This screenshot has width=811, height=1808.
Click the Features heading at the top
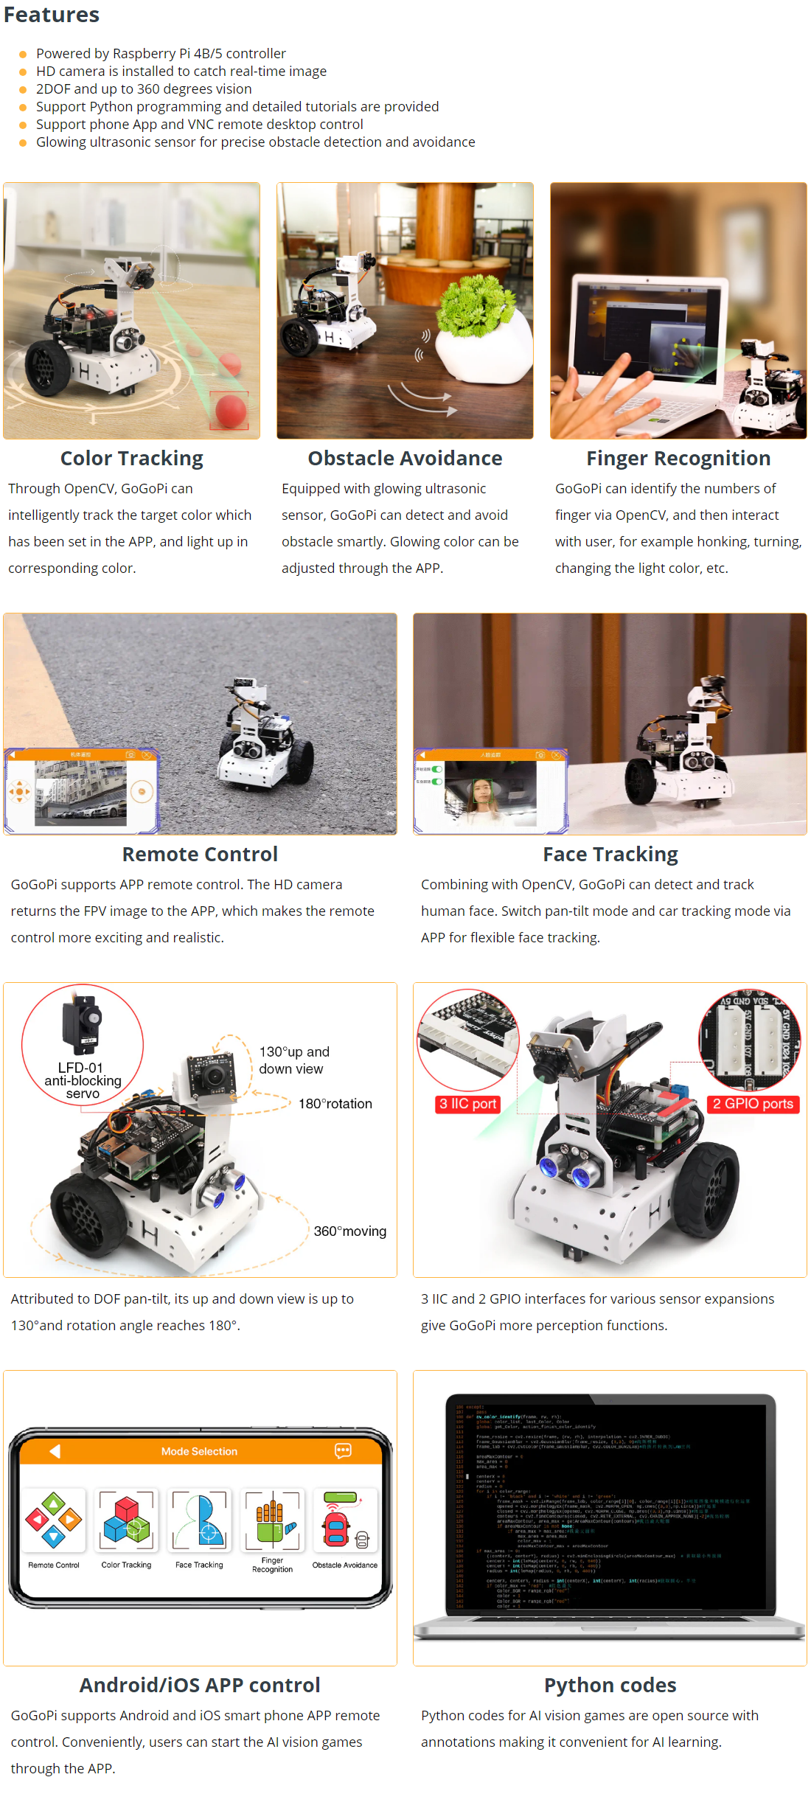point(52,15)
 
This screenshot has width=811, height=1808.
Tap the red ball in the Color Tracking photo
point(231,410)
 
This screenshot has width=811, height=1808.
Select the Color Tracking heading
point(131,459)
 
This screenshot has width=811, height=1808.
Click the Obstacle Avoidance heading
point(405,459)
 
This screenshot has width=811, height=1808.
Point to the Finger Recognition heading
point(678,459)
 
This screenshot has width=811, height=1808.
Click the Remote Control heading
point(200,854)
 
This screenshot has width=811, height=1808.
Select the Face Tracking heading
point(610,854)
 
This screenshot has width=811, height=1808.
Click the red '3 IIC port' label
point(467,1104)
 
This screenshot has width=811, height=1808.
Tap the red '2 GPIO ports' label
point(753,1104)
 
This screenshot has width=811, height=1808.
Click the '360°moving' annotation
point(349,1231)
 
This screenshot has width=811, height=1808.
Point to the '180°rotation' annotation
point(335,1104)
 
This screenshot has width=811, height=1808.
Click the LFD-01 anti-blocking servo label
point(83,1080)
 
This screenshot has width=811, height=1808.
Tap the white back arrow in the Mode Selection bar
point(55,1451)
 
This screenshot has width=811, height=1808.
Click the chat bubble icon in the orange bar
point(343,1451)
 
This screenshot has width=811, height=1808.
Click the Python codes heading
point(610,1685)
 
